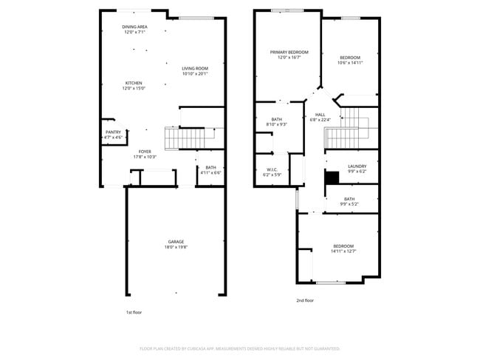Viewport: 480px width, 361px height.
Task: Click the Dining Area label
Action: [x=134, y=29]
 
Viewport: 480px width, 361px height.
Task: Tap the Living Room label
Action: [x=195, y=70]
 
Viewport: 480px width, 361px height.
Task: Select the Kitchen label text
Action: [x=134, y=85]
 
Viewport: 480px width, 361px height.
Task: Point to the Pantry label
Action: [x=113, y=135]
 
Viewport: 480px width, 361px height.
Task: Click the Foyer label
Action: [x=144, y=154]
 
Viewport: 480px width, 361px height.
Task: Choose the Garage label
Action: [x=176, y=245]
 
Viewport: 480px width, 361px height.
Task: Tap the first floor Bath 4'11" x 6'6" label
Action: [x=210, y=169]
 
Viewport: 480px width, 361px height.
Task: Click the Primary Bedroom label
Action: [x=289, y=54]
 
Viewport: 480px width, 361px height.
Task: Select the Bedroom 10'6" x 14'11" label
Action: [x=350, y=60]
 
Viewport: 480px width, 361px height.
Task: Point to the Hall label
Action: [x=320, y=117]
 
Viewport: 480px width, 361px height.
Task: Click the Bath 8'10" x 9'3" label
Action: [x=276, y=121]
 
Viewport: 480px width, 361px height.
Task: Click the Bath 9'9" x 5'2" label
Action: [x=349, y=200]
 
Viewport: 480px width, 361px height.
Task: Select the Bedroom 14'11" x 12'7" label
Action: [x=343, y=249]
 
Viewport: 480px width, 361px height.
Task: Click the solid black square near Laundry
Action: [x=332, y=178]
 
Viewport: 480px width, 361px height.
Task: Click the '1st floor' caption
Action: [x=133, y=313]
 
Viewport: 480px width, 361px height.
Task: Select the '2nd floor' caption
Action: [x=305, y=300]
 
